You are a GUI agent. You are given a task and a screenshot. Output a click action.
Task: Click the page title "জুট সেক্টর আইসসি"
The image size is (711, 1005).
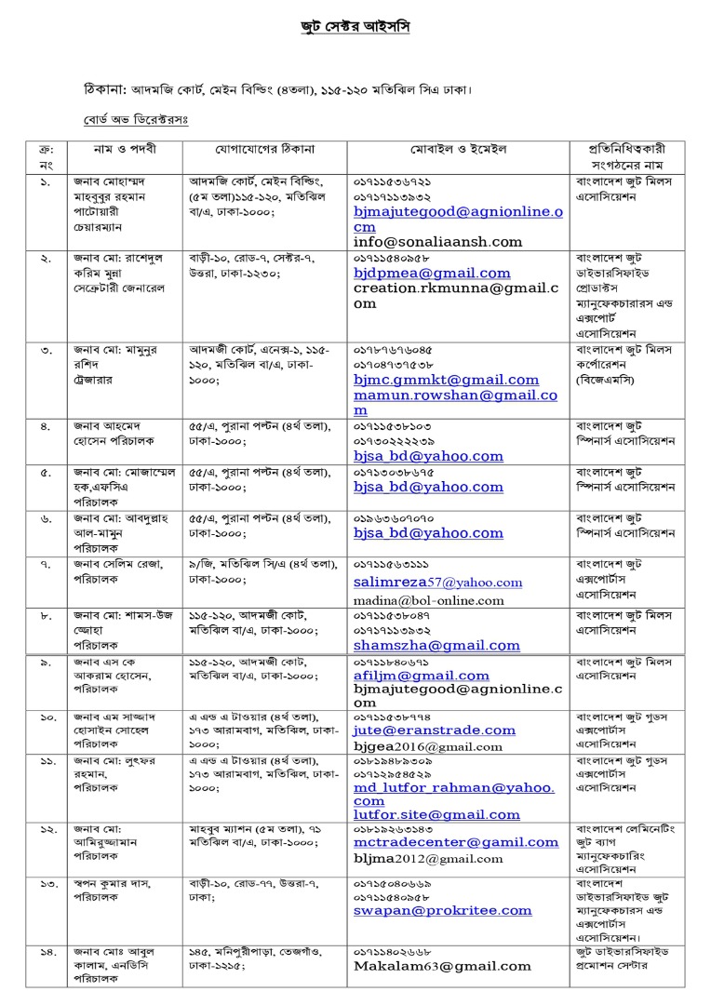(x=349, y=27)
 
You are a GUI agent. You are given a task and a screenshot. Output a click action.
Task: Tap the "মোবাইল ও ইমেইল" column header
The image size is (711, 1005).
(x=457, y=149)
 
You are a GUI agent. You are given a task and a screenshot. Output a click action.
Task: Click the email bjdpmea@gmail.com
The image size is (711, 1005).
(x=432, y=274)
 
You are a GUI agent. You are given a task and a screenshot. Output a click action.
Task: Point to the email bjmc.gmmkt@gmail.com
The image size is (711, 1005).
(x=446, y=380)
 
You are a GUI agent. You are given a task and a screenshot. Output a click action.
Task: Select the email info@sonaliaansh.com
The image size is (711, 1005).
(x=437, y=241)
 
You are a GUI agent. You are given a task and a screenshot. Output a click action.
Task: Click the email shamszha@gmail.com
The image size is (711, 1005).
(x=436, y=645)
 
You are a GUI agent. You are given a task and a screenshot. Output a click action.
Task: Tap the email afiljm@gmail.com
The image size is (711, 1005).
(x=421, y=676)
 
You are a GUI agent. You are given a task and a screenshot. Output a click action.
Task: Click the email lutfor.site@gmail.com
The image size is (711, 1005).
(x=436, y=814)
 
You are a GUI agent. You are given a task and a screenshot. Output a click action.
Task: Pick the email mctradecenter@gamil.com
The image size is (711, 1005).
(x=456, y=843)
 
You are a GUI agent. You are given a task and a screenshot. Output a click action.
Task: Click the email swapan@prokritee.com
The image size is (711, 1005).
(x=442, y=911)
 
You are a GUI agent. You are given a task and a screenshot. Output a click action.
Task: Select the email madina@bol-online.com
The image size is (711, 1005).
(x=428, y=600)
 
